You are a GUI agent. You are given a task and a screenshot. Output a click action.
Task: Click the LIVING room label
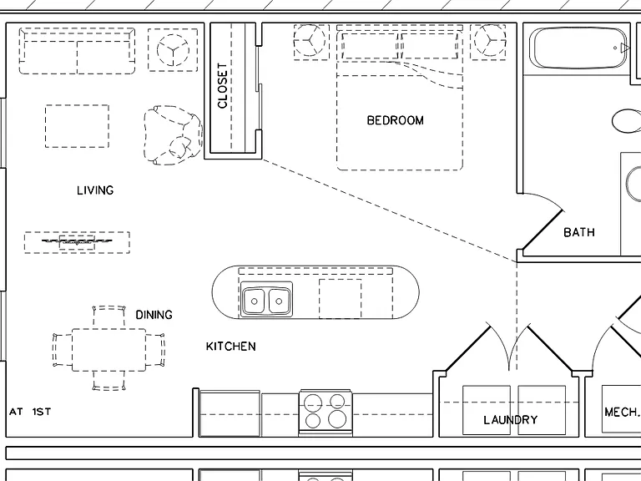(95, 190)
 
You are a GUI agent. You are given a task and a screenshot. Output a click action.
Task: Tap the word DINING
(154, 315)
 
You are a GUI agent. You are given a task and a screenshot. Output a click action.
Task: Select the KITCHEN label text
(231, 347)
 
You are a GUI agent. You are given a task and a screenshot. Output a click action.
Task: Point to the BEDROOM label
(396, 120)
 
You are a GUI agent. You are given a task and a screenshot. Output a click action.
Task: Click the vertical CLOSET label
(222, 85)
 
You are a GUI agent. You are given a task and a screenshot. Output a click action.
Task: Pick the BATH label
(579, 232)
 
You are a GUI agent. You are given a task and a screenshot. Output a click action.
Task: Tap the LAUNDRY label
(511, 420)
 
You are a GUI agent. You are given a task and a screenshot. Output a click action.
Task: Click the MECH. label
(622, 412)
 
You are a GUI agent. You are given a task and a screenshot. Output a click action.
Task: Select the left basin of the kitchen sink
(254, 301)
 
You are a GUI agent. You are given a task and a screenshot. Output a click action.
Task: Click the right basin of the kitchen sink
(280, 301)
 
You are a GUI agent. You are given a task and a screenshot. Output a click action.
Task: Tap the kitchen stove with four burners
(326, 413)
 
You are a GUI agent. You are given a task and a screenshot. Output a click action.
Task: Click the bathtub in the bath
(578, 48)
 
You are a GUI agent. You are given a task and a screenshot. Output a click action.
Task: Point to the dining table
(109, 350)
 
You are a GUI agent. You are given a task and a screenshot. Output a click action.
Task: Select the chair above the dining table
(109, 316)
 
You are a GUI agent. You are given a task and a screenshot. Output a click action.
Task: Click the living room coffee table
(77, 126)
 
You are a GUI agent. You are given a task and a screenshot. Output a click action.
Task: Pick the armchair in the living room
(173, 136)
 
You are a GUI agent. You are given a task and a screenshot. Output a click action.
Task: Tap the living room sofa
(77, 51)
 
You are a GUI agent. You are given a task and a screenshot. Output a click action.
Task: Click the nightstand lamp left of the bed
(311, 42)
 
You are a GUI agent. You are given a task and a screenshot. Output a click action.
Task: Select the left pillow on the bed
(369, 45)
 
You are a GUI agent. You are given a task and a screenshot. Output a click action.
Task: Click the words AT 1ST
(30, 412)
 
